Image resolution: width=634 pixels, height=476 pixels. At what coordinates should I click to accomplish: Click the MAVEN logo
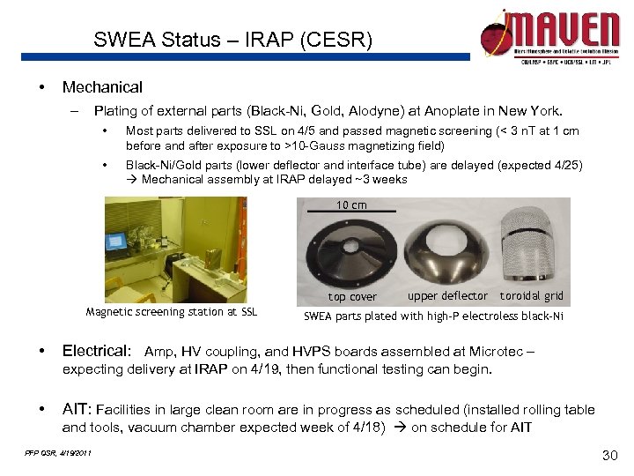[x=549, y=35]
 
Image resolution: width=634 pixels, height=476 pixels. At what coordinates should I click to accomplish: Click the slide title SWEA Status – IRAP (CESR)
[x=233, y=41]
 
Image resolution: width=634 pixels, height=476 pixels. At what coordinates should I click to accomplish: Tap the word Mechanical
[x=102, y=87]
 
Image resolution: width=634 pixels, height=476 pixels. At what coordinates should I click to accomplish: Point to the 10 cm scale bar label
[x=352, y=205]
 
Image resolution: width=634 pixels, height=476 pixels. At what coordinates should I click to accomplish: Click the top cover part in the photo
[x=351, y=251]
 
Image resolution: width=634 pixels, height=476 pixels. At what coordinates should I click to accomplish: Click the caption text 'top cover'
[x=352, y=297]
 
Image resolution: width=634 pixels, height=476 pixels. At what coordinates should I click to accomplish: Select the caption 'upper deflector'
[x=447, y=296]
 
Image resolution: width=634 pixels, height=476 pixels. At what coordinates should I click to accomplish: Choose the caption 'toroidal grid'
[x=532, y=296]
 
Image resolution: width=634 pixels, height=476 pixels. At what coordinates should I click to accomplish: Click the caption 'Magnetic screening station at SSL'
[x=172, y=312]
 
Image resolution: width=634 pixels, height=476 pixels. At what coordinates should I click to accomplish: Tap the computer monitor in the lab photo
[x=116, y=241]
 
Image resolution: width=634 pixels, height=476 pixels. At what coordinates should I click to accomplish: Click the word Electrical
[x=96, y=352]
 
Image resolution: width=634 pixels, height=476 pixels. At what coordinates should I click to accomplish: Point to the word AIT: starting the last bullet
[x=76, y=409]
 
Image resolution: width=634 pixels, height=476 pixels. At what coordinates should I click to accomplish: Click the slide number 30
[x=607, y=455]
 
